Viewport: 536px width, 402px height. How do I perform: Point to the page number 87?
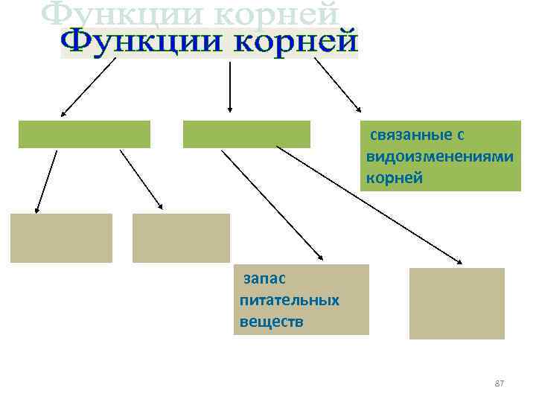coord(500,383)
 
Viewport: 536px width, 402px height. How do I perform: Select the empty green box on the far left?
coord(84,134)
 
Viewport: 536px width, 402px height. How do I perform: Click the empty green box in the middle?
coord(246,134)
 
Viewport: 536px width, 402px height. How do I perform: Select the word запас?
coord(260,278)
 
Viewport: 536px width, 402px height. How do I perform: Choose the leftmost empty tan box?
coord(61,238)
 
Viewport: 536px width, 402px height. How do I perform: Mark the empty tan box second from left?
coord(181,238)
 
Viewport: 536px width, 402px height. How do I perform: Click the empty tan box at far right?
coord(456,303)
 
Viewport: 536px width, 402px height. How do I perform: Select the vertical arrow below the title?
coord(229,86)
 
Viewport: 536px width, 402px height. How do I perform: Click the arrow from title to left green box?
coord(89,87)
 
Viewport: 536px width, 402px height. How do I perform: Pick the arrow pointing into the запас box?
coord(272,205)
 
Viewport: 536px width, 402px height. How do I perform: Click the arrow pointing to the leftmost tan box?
coord(46,182)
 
